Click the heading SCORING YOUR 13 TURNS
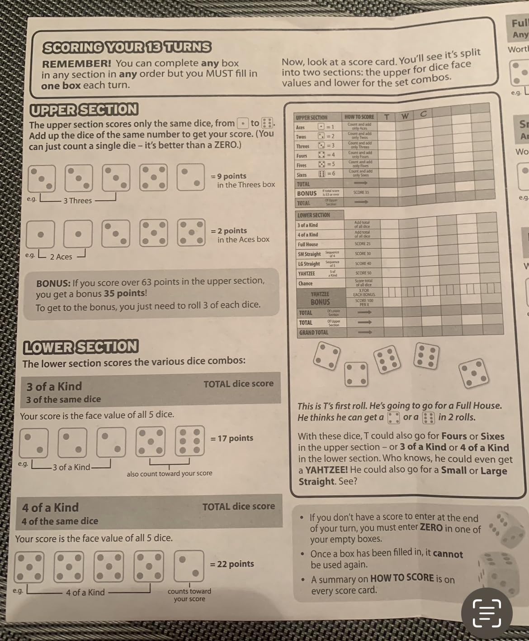127,47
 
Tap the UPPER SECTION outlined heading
84,110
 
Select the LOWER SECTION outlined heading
80,347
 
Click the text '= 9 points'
229,176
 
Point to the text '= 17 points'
232,438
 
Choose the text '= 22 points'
232,564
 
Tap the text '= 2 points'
229,231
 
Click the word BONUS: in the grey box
53,284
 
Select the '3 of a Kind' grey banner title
54,387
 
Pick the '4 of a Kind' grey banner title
51,507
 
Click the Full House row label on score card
308,244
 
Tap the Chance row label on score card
306,284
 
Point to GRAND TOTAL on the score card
314,333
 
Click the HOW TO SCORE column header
359,117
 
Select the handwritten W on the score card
405,116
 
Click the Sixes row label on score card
302,175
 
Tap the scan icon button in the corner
486,613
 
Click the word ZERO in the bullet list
431,528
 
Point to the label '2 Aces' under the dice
61,257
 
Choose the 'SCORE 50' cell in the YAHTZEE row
363,273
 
